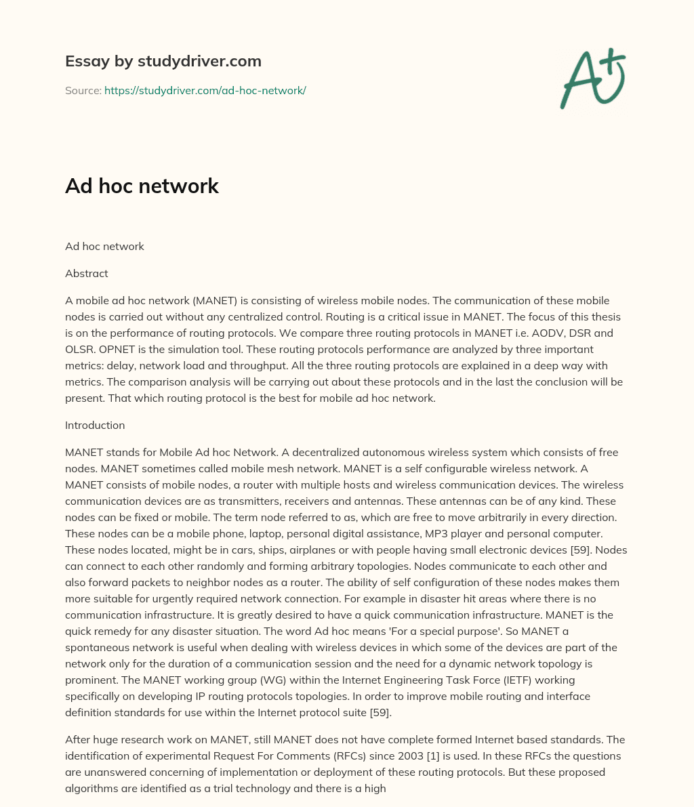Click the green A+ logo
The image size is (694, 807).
coord(592,78)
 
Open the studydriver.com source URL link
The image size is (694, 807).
coord(205,90)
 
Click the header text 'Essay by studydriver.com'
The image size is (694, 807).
coord(163,61)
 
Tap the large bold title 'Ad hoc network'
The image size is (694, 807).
coord(142,186)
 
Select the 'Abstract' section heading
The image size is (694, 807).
coord(86,274)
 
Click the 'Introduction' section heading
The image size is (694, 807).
coord(95,426)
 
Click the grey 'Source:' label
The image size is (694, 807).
coord(83,90)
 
